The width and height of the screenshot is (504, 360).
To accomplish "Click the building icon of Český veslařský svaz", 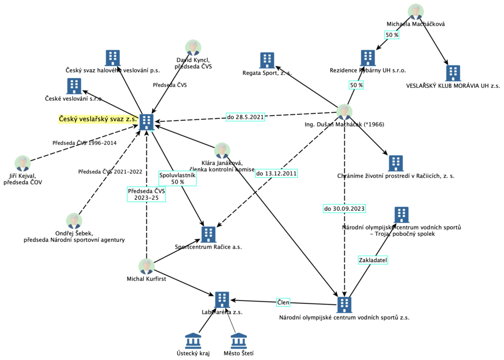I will pos(146,121).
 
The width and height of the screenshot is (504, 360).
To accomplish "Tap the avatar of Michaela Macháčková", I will pos(416,12).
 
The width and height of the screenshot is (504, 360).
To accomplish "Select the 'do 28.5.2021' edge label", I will pos(245,117).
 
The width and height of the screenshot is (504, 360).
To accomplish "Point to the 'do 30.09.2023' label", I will pos(344,208).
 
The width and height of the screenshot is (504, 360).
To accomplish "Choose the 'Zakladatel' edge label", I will pos(373,259).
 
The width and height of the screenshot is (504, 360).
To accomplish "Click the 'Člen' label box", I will pos(283,302).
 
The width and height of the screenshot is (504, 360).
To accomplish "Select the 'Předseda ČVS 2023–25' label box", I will pos(146,195).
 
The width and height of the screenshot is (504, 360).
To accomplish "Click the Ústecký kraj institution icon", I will pos(193,341).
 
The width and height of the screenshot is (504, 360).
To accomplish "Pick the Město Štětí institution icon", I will pos(239,341).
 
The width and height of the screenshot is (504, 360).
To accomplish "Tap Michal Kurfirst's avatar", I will pos(146,266).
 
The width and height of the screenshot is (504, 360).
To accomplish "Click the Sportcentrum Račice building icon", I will pos(209,234).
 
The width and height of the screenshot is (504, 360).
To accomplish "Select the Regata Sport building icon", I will pos(267,60).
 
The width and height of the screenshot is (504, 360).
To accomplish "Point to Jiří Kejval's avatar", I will pos(23,164).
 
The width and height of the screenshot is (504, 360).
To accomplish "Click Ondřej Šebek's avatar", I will pos(74,221).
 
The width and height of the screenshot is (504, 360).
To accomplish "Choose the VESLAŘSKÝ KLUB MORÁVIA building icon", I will pos(453,73).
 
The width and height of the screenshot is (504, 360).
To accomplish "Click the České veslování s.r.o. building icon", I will pos(74,86).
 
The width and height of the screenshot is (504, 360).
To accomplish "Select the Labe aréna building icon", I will pos(222,299).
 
